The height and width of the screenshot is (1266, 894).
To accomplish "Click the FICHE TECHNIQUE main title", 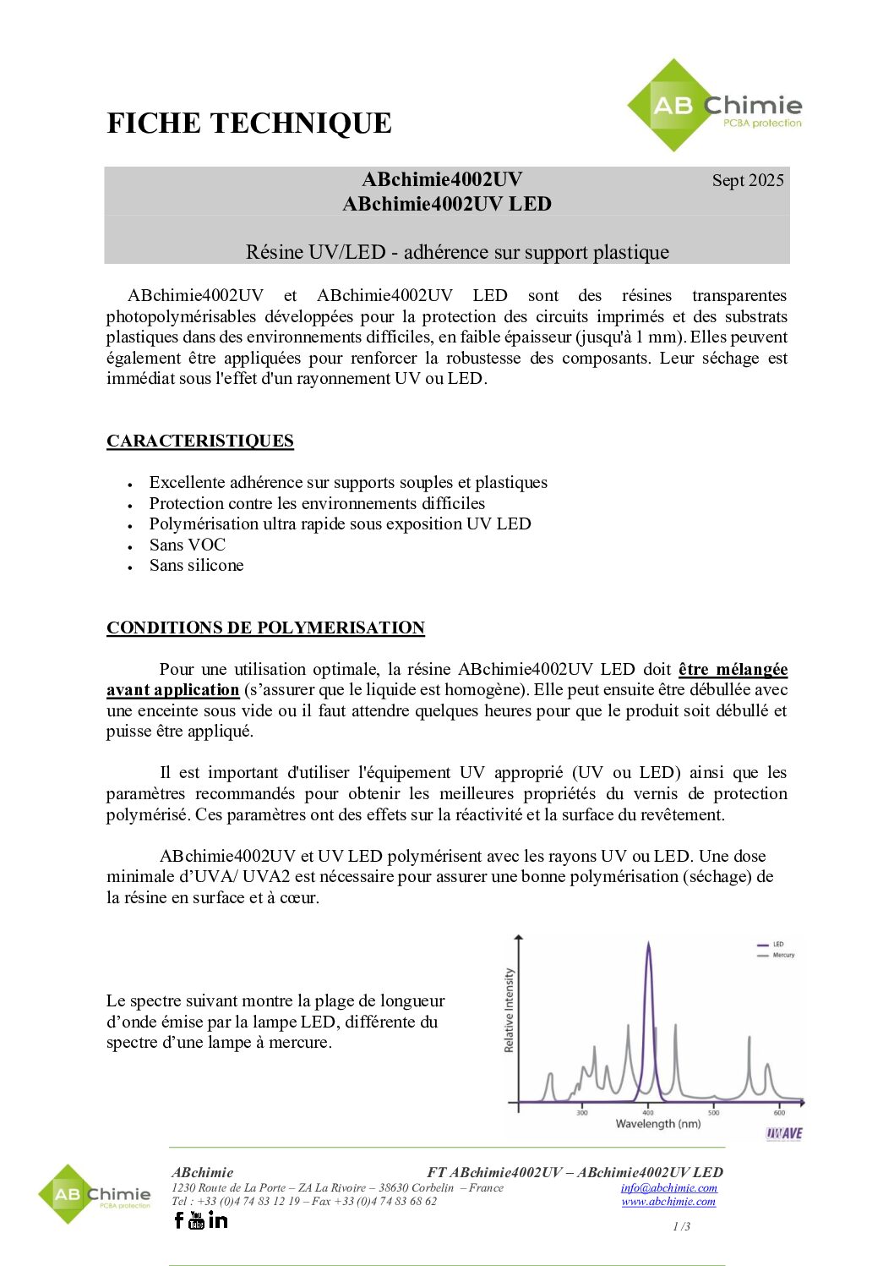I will [249, 123].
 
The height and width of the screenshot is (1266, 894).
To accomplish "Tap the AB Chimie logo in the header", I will [715, 107].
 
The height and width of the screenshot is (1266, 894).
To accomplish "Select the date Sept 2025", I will [748, 180].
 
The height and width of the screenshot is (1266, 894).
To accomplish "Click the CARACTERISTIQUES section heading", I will [200, 441].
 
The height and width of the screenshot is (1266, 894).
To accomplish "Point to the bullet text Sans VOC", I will [188, 545].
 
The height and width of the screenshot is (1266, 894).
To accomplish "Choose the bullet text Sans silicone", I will [197, 565].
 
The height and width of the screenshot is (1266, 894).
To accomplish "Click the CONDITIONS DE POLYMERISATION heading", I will [265, 628].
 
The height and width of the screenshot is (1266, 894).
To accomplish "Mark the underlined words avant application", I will [173, 690].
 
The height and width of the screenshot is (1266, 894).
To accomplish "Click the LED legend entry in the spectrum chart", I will [777, 944].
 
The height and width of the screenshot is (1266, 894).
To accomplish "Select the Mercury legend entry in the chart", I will [783, 955].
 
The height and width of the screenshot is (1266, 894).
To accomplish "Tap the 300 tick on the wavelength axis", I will [582, 1112].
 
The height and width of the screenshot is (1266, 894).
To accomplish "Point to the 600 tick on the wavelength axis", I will [779, 1112].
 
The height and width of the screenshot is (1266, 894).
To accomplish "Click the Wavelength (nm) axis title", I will [658, 1124].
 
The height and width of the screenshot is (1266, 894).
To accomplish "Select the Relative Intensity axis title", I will [509, 1011].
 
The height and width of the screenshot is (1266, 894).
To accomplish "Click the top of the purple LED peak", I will [648, 944].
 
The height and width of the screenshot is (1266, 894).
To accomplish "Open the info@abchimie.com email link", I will [669, 1187].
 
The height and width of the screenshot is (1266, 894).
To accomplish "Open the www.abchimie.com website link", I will [668, 1201].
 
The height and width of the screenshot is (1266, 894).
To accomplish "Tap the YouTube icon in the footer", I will [197, 1219].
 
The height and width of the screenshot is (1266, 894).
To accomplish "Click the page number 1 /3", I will [681, 1226].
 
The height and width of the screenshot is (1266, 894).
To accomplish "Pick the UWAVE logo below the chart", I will [784, 1133].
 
